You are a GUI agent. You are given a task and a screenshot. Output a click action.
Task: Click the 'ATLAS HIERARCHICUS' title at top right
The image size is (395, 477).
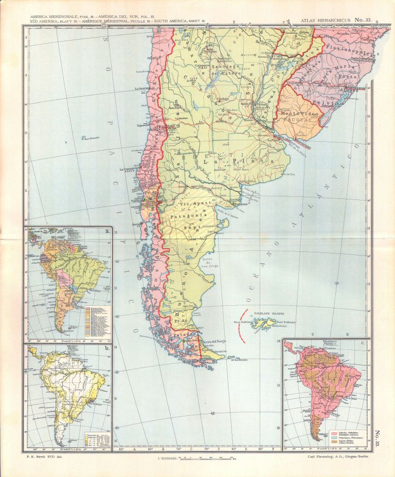click(324, 21)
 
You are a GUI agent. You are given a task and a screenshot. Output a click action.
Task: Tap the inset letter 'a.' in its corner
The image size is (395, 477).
click(107, 231)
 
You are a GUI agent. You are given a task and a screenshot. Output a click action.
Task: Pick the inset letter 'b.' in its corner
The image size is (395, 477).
click(107, 350)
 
